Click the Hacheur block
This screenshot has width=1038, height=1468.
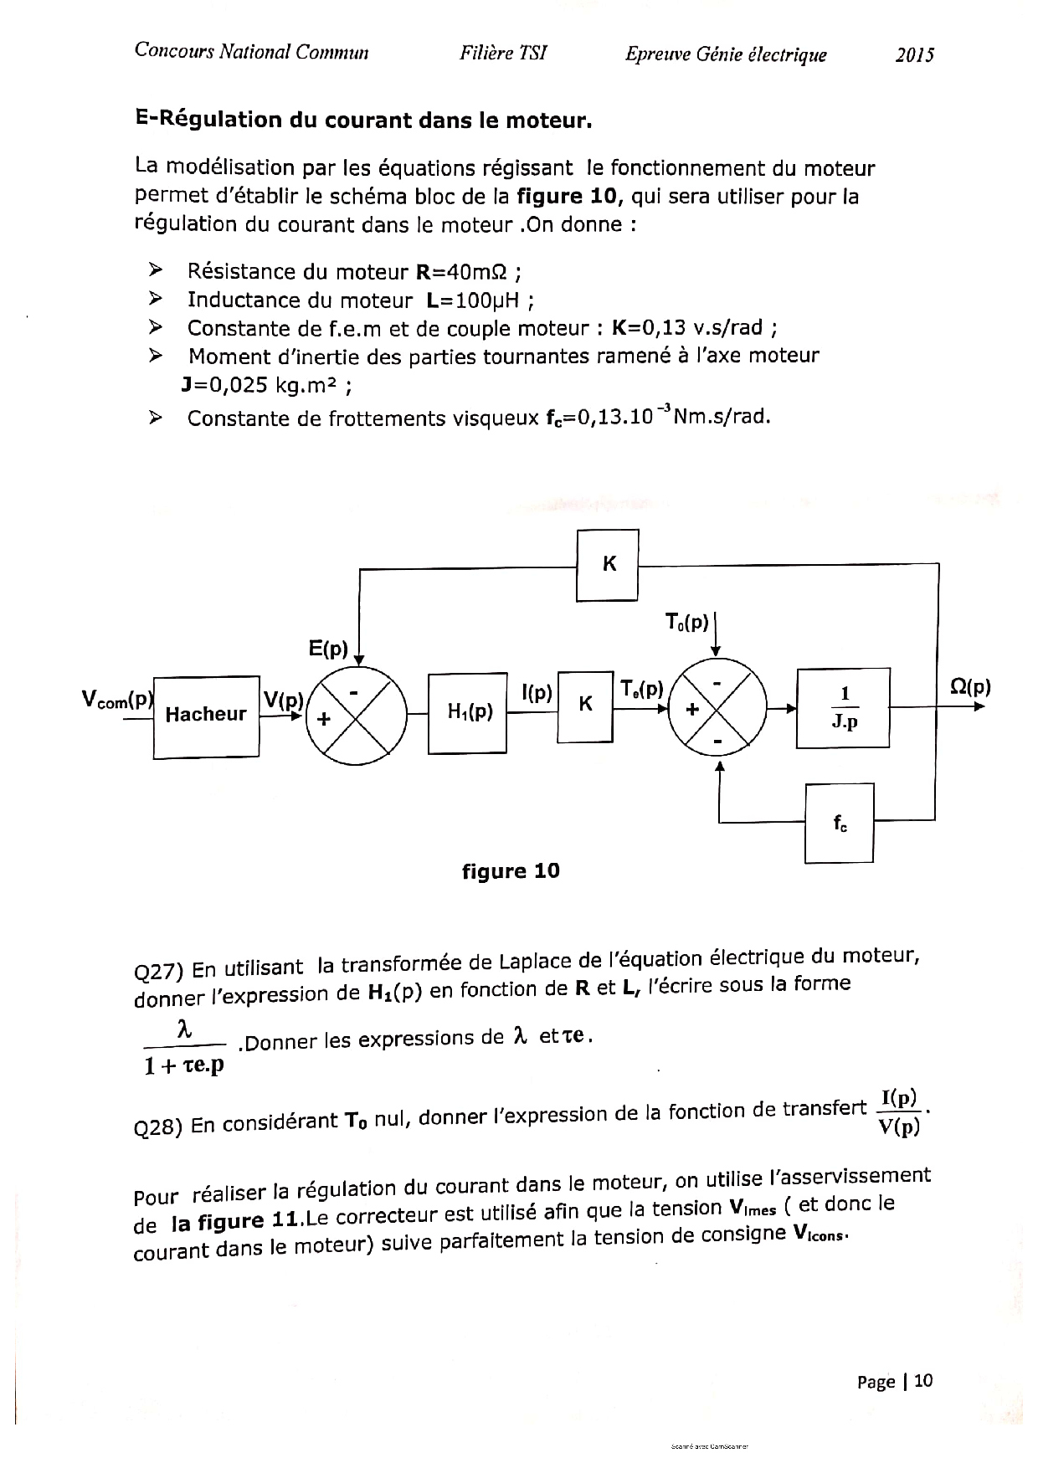tap(206, 716)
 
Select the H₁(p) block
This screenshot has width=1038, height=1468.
tap(467, 712)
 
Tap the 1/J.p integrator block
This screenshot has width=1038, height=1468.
tap(843, 707)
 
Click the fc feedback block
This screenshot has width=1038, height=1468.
tap(839, 823)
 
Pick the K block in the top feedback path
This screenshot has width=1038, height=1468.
tap(608, 565)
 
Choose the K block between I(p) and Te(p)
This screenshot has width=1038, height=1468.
tap(585, 706)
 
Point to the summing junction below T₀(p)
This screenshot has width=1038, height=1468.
tap(717, 708)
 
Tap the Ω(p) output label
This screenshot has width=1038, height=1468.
tap(970, 688)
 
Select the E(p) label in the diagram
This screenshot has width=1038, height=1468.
tap(328, 649)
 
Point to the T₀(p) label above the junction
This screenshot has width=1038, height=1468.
tap(686, 622)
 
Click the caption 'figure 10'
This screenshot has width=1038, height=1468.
tap(511, 871)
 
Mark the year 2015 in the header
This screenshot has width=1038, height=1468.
tap(914, 55)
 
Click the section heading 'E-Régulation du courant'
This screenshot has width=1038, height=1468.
tap(363, 120)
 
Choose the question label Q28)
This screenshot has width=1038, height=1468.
tap(158, 1127)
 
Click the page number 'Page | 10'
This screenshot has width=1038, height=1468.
tap(894, 1381)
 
